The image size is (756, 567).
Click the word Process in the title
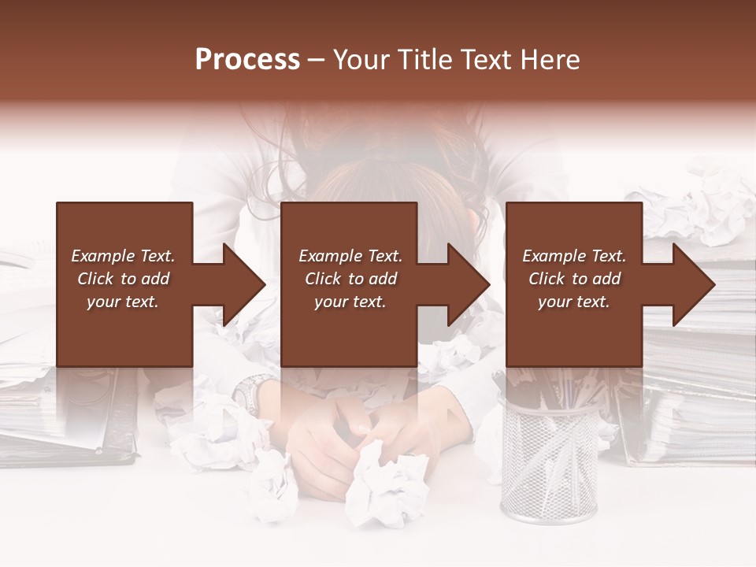(247, 60)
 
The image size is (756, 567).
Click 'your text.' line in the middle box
(350, 302)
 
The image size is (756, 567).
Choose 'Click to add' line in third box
(574, 279)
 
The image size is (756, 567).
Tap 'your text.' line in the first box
(123, 302)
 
